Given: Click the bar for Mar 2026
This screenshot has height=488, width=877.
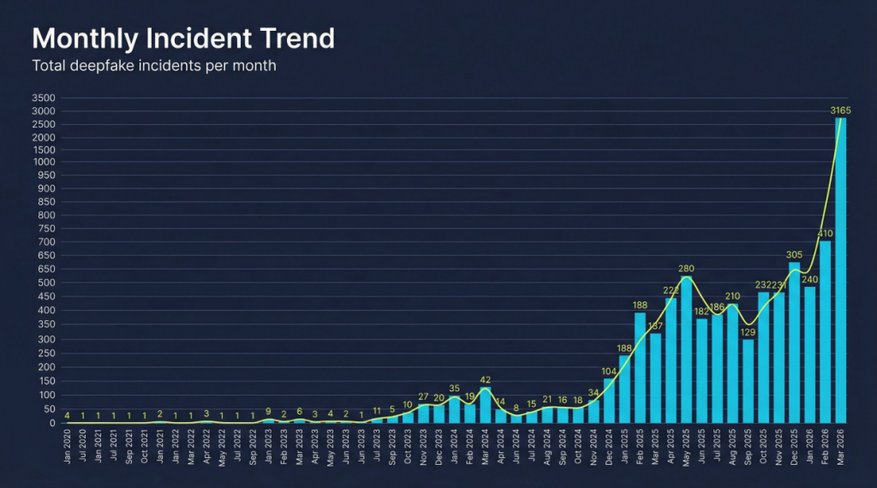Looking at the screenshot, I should click(841, 270).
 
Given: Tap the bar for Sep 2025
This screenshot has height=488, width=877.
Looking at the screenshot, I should click(748, 381).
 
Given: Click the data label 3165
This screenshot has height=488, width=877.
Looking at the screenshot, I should click(840, 110).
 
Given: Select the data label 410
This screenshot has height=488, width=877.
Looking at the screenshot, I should click(825, 233).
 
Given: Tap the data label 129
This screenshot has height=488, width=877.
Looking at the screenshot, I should click(748, 331).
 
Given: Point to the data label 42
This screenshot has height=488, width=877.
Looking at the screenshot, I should click(486, 379).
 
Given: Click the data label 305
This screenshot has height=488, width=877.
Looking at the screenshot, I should click(794, 254).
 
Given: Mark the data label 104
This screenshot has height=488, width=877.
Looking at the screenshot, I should click(609, 371).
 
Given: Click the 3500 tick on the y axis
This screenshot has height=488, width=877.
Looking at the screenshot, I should click(44, 98).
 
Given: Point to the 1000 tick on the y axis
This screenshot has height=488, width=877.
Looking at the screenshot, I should click(44, 162).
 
